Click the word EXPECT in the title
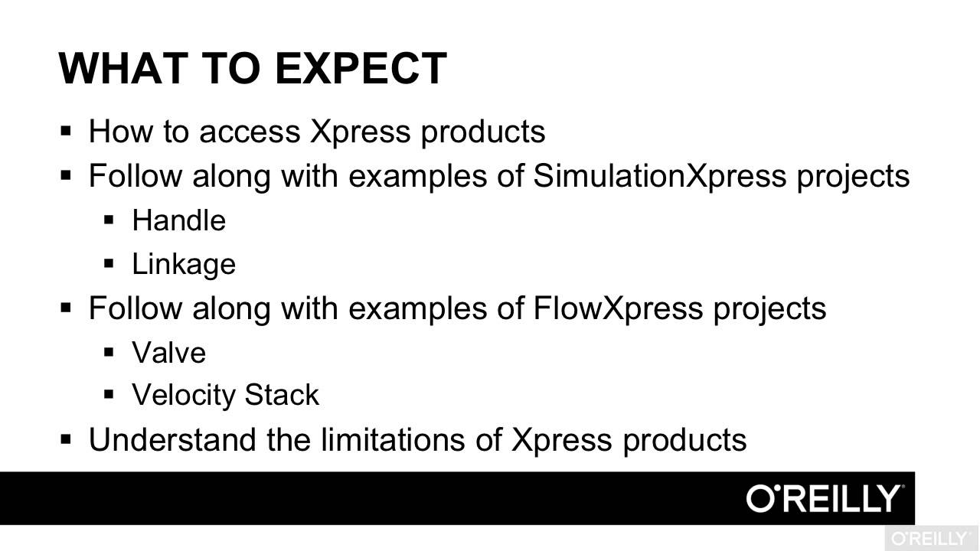[360, 68]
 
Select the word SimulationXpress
[659, 176]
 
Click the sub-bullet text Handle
[178, 220]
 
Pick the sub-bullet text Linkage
[184, 264]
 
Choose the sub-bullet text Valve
[168, 353]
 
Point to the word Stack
[281, 396]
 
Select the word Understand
[172, 440]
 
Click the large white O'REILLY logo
[825, 499]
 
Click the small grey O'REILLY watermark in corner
[931, 538]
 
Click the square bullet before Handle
[108, 220]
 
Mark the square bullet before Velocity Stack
[108, 395]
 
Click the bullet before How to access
[65, 131]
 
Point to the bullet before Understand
[65, 439]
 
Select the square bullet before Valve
[108, 352]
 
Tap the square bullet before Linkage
[108, 264]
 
